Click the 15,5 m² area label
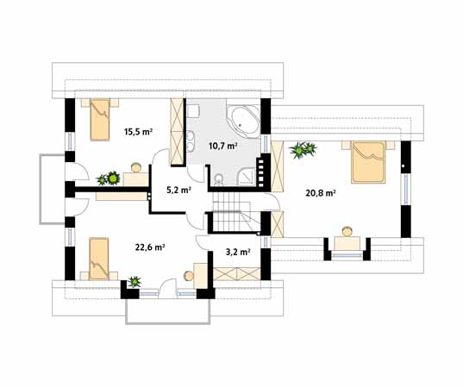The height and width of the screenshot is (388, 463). tap(138, 132)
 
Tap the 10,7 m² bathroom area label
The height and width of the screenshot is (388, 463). tap(223, 146)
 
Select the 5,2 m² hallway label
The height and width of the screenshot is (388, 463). tap(178, 190)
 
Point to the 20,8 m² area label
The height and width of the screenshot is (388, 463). tap(321, 193)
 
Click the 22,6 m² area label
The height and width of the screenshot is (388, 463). tap(150, 247)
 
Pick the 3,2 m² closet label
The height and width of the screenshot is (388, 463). tap(238, 252)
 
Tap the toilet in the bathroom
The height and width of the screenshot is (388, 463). tap(218, 179)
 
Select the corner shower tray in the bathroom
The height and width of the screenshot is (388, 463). tap(247, 177)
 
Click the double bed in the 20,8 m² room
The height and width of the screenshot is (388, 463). tap(368, 162)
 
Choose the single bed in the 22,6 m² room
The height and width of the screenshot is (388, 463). tap(99, 259)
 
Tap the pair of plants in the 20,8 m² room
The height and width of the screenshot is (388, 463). tap(303, 150)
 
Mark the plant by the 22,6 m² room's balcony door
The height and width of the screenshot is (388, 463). tap(135, 282)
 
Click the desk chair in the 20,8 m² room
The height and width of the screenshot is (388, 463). tap(347, 231)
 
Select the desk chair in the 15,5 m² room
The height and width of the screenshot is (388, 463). tap(136, 168)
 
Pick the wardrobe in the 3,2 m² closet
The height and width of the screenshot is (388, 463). tap(237, 273)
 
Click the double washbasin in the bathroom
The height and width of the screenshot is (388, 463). tap(190, 141)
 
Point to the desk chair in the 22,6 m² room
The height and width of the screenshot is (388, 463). tap(188, 276)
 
